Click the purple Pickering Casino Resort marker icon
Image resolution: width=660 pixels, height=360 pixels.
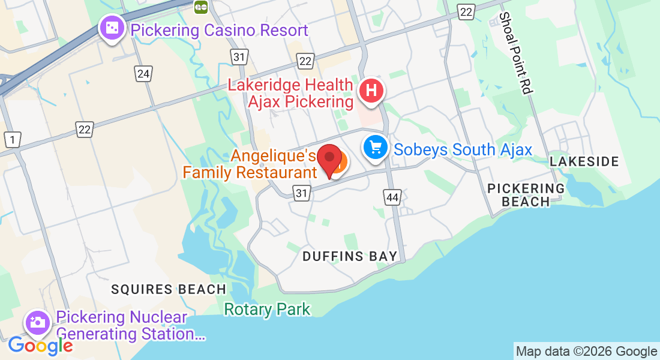tap(112, 28)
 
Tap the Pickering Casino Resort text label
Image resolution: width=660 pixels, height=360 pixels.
tap(219, 30)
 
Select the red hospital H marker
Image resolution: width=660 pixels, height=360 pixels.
tap(371, 92)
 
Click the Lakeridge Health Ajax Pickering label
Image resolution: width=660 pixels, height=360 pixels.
tap(290, 93)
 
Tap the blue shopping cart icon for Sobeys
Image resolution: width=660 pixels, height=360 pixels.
tap(376, 147)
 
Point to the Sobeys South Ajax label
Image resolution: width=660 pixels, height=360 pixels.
tap(463, 149)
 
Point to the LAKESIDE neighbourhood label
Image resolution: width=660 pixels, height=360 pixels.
tap(584, 161)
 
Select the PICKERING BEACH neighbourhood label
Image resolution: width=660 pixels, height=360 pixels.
tap(526, 194)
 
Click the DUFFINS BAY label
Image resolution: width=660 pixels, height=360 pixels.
tap(350, 257)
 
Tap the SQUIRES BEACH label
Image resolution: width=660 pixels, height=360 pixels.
tap(169, 289)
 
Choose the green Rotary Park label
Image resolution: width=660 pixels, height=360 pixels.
tap(267, 310)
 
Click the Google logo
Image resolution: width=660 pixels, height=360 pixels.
tap(40, 346)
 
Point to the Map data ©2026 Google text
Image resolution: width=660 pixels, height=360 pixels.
tap(586, 352)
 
